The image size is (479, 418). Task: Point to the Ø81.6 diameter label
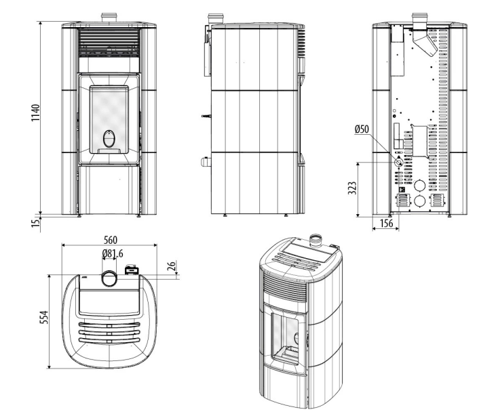point(113,254)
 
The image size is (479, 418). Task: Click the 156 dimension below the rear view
point(386,223)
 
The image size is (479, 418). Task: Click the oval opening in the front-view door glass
point(109,139)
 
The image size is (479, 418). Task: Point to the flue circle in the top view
point(109,276)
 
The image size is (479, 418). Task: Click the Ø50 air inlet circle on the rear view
point(398,163)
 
